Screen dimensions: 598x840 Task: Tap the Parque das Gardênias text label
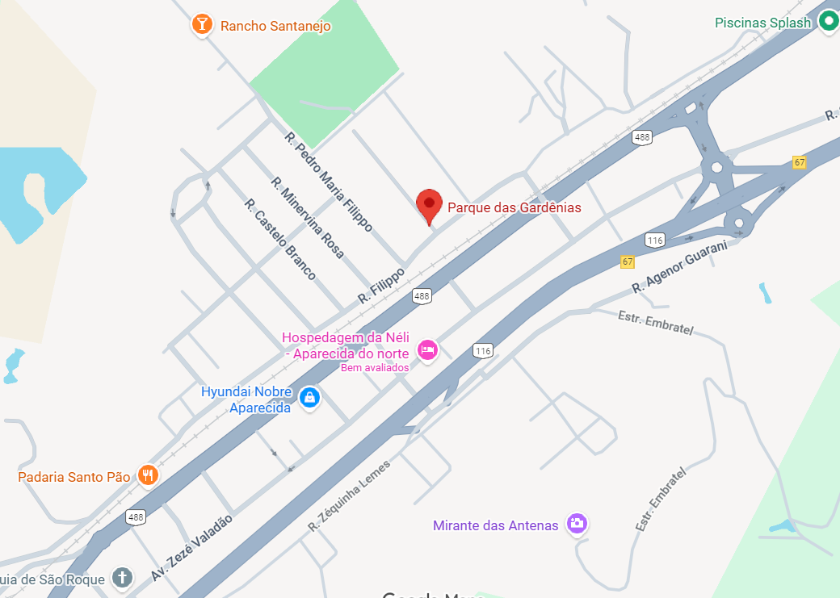514,207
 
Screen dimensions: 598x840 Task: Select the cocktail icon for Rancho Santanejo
202,24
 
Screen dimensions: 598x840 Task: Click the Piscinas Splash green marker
828,22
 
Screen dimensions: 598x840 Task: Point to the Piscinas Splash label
762,23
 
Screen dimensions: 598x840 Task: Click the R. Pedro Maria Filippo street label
329,182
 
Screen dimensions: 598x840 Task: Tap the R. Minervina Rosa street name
307,218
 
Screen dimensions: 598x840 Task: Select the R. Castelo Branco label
279,240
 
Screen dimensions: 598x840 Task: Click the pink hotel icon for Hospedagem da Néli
426,349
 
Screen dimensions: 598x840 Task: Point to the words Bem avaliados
375,368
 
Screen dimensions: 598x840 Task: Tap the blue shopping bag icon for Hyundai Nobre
309,397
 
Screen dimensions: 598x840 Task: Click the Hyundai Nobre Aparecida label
246,399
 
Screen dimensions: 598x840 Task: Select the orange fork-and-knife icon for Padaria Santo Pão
146,475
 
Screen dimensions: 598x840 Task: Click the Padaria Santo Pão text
74,477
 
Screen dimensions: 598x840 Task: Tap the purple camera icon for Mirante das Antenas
576,523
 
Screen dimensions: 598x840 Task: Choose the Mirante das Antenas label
495,525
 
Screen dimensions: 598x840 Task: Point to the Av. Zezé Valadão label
191,547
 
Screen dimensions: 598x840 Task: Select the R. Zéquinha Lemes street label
349,496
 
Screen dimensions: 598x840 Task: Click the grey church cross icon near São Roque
122,577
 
